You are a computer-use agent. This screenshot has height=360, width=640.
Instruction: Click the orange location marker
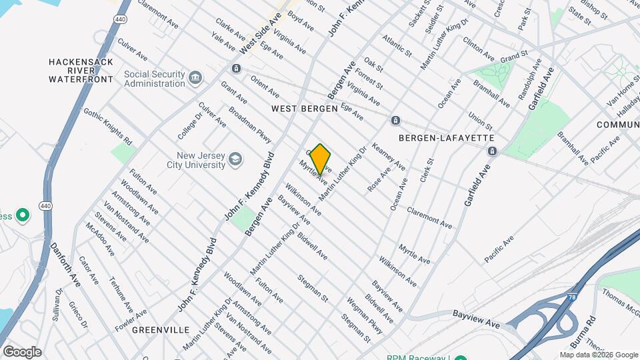320,159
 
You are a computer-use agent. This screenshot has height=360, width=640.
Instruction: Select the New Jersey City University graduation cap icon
235,159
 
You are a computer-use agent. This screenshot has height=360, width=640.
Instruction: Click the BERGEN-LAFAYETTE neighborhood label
446,137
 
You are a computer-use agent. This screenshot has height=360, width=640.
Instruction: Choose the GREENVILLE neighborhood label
161,330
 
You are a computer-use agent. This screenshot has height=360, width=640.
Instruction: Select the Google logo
22,351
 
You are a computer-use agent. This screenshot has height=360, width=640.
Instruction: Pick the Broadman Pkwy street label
250,125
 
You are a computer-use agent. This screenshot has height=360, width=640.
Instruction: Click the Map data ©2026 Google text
599,355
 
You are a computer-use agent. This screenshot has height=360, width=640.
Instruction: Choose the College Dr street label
185,125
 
